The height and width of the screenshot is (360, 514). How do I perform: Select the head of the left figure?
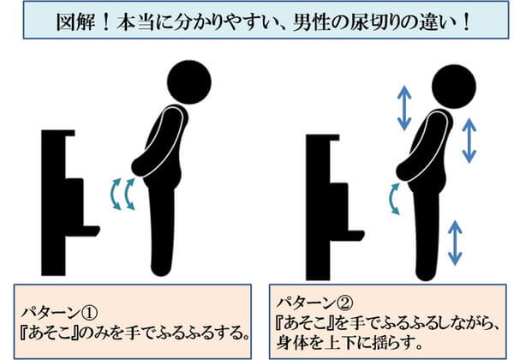tap(189, 82)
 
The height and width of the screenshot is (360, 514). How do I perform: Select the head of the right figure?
tap(454, 87)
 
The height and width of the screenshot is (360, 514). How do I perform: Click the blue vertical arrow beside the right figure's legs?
tap(455, 243)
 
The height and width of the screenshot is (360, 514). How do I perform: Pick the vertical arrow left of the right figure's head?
tap(404, 108)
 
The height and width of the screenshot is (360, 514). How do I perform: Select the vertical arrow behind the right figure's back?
tap(469, 141)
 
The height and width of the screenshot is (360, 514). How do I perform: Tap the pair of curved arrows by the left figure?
tap(123, 194)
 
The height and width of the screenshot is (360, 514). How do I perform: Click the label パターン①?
tap(59, 314)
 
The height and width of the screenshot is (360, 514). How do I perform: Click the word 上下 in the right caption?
tap(343, 343)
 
